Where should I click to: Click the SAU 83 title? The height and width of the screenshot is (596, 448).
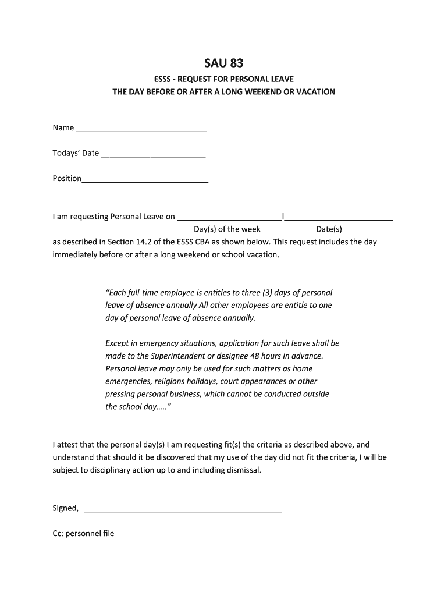point(223,63)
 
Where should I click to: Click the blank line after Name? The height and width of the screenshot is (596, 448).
point(141,131)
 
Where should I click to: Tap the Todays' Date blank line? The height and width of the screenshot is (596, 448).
point(153,156)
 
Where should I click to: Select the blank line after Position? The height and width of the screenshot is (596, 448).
point(145,182)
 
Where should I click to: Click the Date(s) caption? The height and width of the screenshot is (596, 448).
point(329,229)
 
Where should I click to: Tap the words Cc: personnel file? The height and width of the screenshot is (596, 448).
point(83,533)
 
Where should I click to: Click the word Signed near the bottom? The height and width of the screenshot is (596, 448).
point(65,508)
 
